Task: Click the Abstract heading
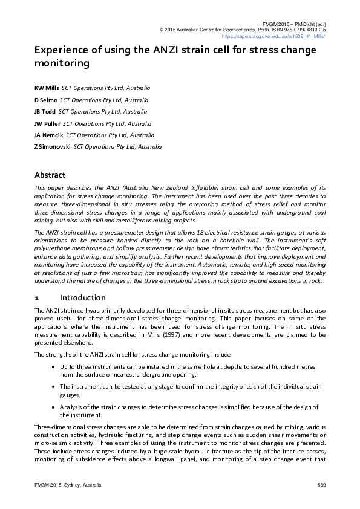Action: click(x=50, y=175)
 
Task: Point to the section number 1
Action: click(x=37, y=298)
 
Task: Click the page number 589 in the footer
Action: click(x=321, y=485)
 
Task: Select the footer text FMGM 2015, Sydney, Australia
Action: click(x=68, y=485)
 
